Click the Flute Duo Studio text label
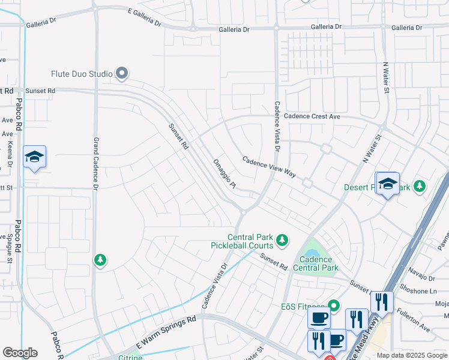[82, 74]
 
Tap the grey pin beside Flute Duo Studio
[122, 74]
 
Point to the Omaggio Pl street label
[224, 173]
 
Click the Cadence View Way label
[270, 167]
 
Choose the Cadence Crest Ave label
[312, 116]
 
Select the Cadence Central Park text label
[316, 264]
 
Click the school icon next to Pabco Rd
[34, 157]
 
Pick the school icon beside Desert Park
[388, 184]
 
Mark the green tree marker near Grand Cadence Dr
[100, 260]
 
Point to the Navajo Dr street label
[424, 278]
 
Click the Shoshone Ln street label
[417, 291]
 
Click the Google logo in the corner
[20, 353]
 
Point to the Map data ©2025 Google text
[411, 355]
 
